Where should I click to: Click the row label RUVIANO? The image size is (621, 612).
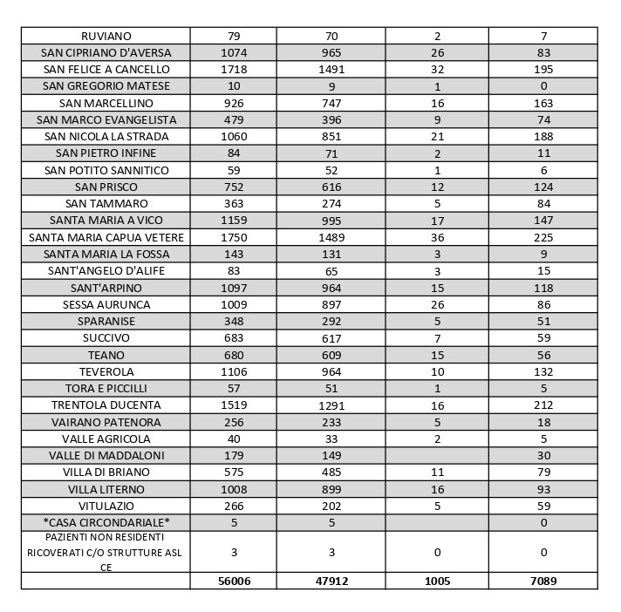106,37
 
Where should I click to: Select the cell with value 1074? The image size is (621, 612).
234,53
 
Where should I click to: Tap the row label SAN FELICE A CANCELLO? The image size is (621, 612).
106,70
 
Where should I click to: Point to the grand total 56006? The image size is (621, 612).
234,581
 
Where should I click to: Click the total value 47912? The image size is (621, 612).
331,581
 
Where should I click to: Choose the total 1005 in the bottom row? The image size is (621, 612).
437,581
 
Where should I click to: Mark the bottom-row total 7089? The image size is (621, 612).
543,581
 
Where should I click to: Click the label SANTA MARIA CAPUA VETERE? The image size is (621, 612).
106,238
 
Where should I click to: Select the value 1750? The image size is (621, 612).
234,238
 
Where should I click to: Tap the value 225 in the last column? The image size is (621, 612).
543,238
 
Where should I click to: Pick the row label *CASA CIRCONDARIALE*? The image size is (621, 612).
106,523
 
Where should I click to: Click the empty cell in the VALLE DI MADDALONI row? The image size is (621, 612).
437,456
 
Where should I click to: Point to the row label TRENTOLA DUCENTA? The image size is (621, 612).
106,405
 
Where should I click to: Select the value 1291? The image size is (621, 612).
331,405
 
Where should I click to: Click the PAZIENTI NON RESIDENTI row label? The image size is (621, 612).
106,552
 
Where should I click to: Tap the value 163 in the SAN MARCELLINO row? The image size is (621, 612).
543,104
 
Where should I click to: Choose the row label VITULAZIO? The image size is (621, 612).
106,507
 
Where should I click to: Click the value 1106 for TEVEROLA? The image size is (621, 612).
234,372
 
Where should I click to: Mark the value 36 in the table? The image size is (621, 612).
437,238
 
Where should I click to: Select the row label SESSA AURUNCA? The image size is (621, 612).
106,305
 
